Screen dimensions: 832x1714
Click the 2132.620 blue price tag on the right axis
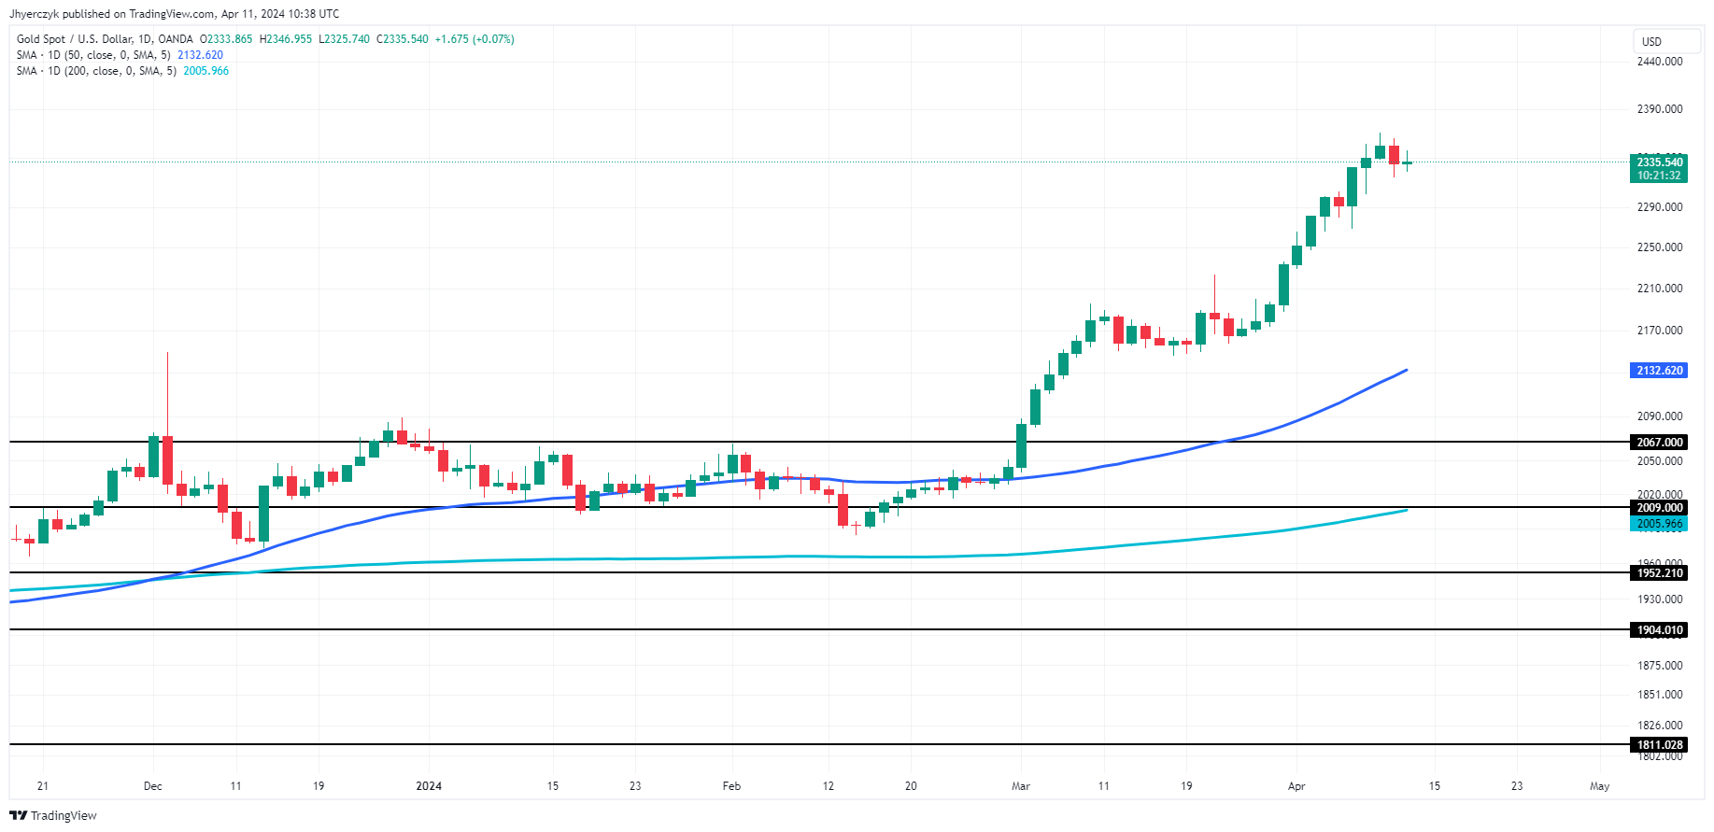click(1659, 371)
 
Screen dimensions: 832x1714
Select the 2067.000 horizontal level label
click(1659, 443)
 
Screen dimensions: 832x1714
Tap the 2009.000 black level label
click(1659, 508)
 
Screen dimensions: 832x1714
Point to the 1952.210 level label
click(1659, 573)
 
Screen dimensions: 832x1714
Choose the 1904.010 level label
click(1659, 630)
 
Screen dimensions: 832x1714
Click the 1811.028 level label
click(1659, 745)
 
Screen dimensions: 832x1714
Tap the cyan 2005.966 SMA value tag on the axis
click(1659, 524)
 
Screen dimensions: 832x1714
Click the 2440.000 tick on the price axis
click(1659, 62)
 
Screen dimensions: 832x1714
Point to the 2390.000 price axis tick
click(1659, 109)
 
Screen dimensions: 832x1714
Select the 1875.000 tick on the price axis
click(1659, 666)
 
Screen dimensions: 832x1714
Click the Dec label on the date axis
click(153, 786)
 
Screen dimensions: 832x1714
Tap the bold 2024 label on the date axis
click(429, 786)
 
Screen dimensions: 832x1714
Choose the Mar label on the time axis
click(1021, 786)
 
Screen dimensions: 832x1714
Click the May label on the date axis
click(1599, 786)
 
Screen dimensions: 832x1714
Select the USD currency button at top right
click(1652, 42)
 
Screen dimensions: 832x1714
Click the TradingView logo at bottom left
click(53, 815)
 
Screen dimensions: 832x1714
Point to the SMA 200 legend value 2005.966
click(205, 71)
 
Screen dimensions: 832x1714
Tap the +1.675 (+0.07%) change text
click(475, 39)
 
